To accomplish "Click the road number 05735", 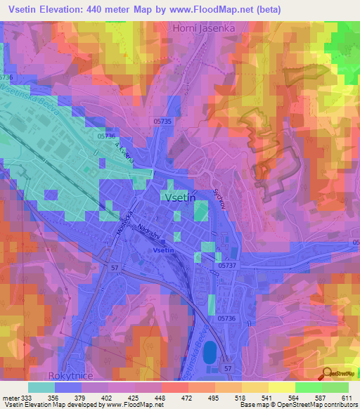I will pos(161,122).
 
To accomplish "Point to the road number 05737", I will pos(229,266).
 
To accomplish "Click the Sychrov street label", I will pos(218,196).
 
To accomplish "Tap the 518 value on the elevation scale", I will pos(241,398).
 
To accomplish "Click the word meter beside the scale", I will pos(11,398).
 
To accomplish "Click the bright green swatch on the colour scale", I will pos(308,387).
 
